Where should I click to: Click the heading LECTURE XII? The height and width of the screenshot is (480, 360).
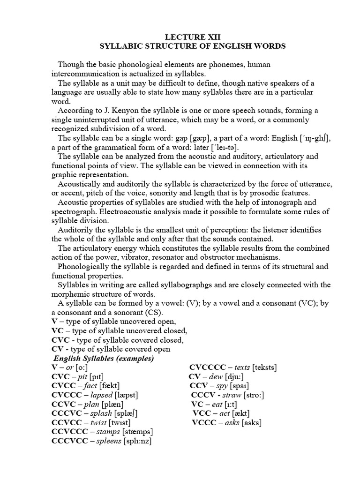[x=193, y=37]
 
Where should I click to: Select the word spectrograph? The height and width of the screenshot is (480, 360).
[x=74, y=211]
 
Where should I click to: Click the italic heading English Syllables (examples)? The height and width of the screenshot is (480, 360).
[x=103, y=359]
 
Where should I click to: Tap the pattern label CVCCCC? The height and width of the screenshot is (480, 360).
[x=206, y=367]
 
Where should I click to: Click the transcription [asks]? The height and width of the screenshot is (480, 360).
[x=251, y=422]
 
